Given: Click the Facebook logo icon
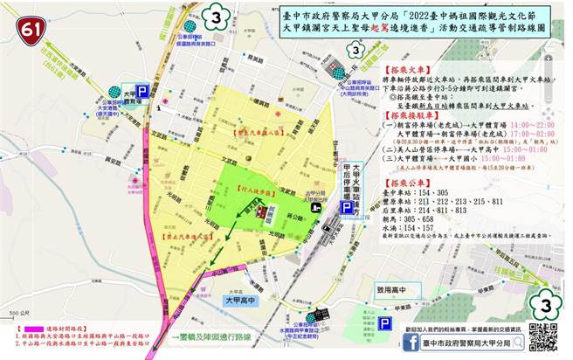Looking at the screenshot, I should pos(410,343).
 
